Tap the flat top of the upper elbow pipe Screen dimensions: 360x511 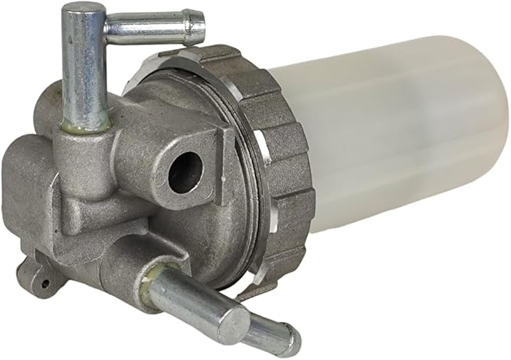point(81,11)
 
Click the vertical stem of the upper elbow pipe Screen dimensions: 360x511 point(84,68)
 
